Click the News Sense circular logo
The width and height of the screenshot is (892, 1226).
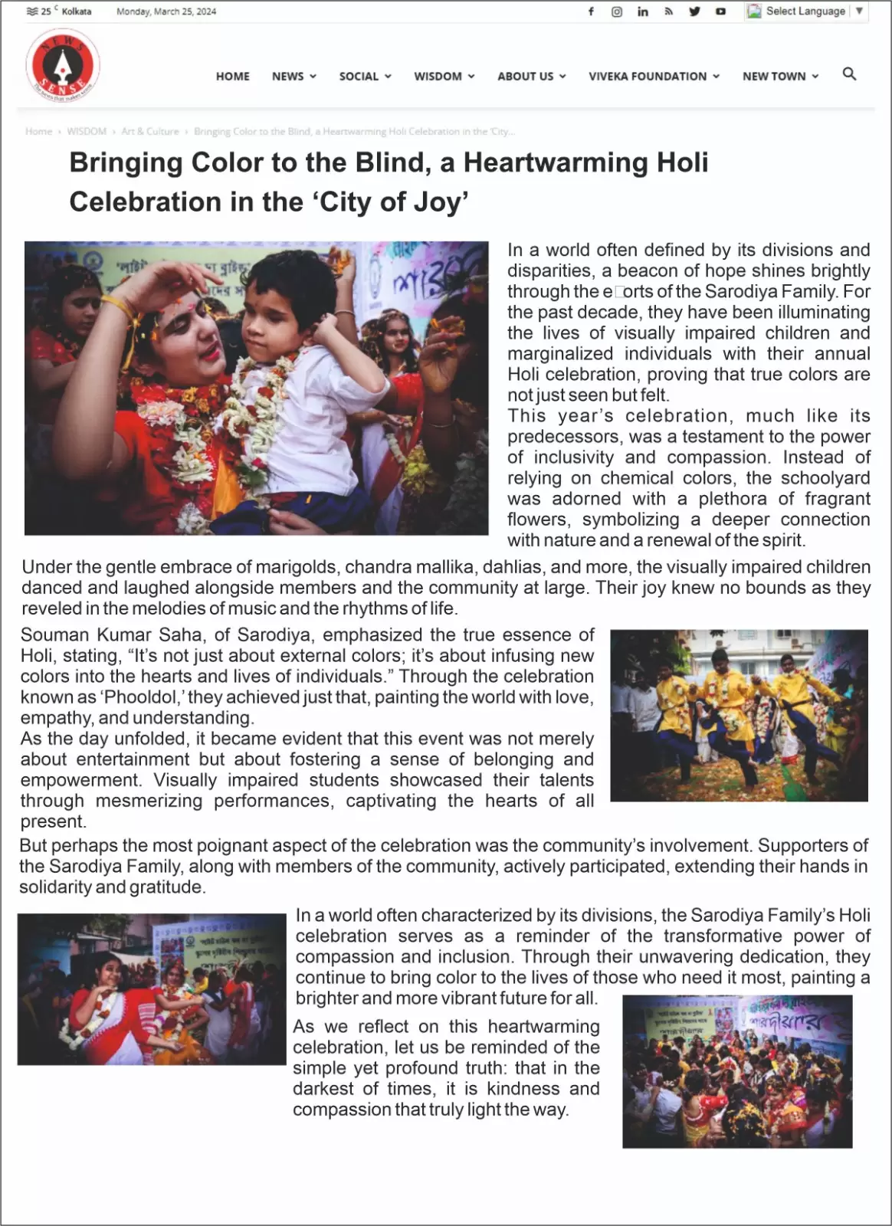click(x=62, y=66)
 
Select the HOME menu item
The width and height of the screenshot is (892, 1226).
click(x=232, y=76)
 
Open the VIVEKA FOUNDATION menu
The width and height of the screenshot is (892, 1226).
click(x=653, y=76)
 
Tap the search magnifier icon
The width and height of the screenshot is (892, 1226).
click(x=849, y=74)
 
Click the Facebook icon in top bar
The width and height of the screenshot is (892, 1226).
click(x=591, y=11)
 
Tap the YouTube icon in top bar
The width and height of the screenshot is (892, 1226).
click(x=720, y=11)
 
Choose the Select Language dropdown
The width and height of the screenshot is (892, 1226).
click(x=805, y=11)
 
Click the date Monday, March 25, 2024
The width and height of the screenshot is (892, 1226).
click(x=166, y=11)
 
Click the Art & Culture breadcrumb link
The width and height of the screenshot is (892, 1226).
click(x=149, y=132)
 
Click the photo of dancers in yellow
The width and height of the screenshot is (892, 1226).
click(x=739, y=716)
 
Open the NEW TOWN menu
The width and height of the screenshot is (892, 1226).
click(x=779, y=76)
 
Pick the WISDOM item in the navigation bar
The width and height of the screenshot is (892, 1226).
click(x=444, y=76)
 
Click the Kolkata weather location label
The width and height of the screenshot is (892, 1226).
click(x=77, y=11)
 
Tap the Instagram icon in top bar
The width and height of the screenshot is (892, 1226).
click(x=617, y=11)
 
